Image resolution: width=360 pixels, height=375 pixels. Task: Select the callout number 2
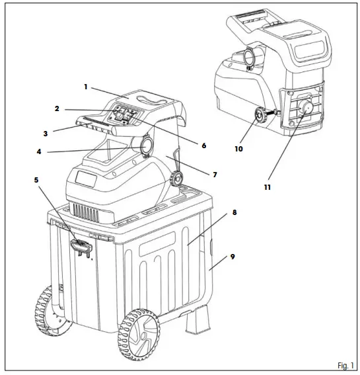point(57,108)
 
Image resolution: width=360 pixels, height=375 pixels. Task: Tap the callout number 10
point(238,149)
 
